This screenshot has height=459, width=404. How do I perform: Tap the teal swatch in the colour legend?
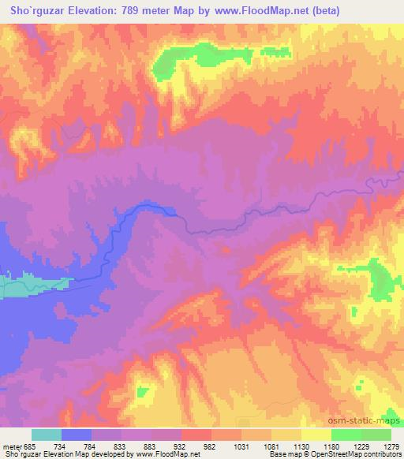coord(47,435)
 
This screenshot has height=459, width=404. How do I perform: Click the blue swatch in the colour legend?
coord(77,435)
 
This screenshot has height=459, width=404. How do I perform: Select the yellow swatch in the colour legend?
coord(316,435)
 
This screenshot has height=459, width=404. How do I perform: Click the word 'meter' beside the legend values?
coord(12,445)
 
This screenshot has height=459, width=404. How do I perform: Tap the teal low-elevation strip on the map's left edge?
coord(32,286)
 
